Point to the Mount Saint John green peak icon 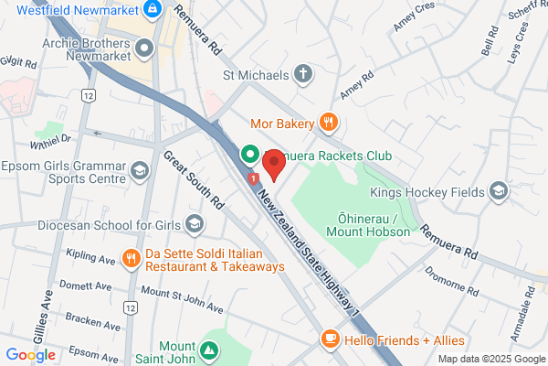[x=209, y=350]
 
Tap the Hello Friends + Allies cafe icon [x=330, y=340]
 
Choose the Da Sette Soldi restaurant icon [x=132, y=258]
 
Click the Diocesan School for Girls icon [x=195, y=224]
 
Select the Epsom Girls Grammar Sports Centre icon [x=140, y=170]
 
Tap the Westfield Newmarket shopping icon [x=153, y=11]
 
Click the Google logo [x=30, y=355]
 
